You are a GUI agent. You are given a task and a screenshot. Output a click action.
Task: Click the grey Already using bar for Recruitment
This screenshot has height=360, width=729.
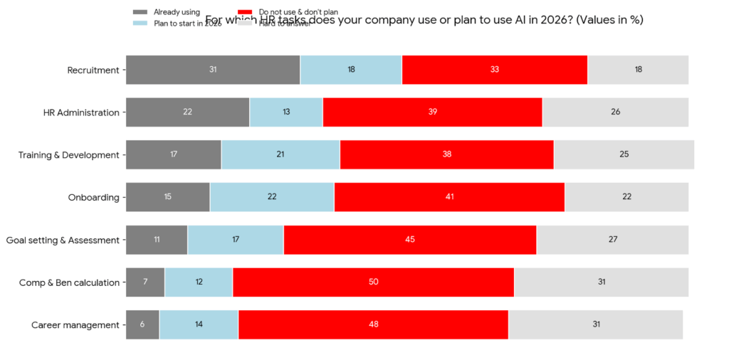[213, 70]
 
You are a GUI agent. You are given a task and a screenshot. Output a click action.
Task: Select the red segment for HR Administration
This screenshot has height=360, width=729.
[432, 112]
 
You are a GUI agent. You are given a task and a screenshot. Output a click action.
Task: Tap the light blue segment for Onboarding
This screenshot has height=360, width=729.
[272, 197]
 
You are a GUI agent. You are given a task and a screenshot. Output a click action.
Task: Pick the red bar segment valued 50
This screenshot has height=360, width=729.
[373, 282]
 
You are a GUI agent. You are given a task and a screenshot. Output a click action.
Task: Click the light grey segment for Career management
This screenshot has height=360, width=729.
[595, 324]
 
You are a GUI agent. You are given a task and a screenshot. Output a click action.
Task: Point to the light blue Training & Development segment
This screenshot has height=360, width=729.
[280, 154]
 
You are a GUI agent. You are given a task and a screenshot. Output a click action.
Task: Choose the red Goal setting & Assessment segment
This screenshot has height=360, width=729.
[410, 240]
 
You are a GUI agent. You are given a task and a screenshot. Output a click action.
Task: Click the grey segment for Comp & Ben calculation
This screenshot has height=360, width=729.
[145, 282]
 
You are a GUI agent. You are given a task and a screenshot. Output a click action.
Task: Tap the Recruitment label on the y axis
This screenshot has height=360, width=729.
[93, 70]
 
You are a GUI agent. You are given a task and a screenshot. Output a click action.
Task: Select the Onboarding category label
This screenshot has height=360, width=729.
[93, 197]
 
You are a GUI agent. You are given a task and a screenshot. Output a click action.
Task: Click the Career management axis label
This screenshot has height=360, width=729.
[75, 325]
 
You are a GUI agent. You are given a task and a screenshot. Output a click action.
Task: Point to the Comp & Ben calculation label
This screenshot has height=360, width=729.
[69, 282]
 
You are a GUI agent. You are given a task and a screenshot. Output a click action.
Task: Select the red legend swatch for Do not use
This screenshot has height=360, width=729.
[245, 12]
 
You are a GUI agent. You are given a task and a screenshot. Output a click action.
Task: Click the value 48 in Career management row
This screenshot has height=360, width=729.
[373, 324]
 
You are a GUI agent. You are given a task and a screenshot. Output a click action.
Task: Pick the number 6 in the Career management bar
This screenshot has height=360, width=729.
[142, 324]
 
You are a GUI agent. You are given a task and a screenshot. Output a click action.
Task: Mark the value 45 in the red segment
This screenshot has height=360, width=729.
[410, 240]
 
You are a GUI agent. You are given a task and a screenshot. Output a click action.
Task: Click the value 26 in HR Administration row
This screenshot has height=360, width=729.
[615, 112]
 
